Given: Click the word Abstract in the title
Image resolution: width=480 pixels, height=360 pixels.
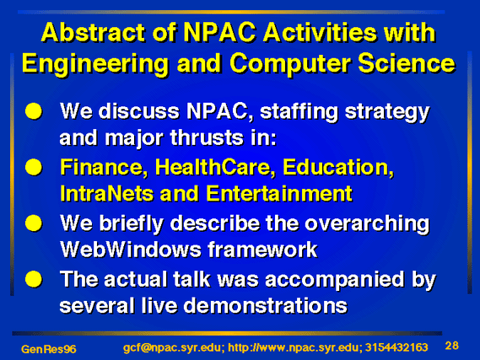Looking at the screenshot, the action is (x=93, y=32).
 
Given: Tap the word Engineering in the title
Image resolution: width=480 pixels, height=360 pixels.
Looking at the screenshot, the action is (x=95, y=65).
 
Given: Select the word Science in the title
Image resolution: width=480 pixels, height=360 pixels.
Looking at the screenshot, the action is (x=407, y=63).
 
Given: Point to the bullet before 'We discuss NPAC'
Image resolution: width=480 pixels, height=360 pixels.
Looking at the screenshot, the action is (x=34, y=111).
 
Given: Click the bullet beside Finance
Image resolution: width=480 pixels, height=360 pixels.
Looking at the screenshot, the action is (x=34, y=167).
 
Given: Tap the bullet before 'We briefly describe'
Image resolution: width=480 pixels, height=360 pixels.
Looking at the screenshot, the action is (x=34, y=223).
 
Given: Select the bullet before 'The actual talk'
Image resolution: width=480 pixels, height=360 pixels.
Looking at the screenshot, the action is (x=34, y=279).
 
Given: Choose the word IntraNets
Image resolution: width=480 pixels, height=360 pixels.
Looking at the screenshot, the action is (x=106, y=194).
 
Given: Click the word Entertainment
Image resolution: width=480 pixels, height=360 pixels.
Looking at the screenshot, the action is (x=279, y=194).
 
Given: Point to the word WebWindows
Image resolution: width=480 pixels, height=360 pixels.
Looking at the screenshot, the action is (x=131, y=250).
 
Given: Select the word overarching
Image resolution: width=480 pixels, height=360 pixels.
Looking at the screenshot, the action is (x=367, y=225).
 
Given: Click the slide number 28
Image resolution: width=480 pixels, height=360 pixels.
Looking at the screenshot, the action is (x=452, y=346).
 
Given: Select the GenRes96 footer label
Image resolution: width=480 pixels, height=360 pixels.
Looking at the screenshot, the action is (x=49, y=349).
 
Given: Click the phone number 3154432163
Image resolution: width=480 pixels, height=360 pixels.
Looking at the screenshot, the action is (x=396, y=347).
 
